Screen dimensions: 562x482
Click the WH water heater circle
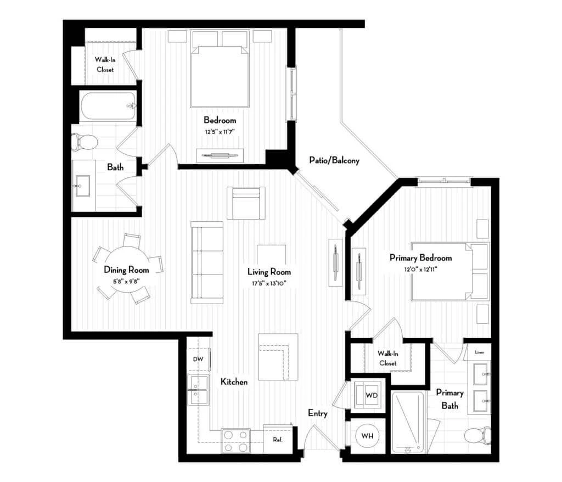pyautogui.click(x=367, y=436)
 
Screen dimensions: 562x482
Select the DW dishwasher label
pyautogui.click(x=198, y=359)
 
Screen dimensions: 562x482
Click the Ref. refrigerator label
pyautogui.click(x=278, y=439)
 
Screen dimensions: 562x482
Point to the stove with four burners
pyautogui.click(x=235, y=441)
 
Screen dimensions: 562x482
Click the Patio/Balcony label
pyautogui.click(x=334, y=160)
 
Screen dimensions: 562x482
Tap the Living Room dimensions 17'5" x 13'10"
pyautogui.click(x=268, y=283)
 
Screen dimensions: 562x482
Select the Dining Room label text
pyautogui.click(x=126, y=270)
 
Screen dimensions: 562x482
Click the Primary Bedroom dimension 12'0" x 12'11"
pyautogui.click(x=421, y=270)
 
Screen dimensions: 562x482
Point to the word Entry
pyautogui.click(x=318, y=413)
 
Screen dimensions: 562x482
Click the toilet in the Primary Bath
pyautogui.click(x=477, y=435)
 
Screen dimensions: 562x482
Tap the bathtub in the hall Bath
pyautogui.click(x=109, y=107)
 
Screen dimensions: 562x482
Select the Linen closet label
pyautogui.click(x=480, y=352)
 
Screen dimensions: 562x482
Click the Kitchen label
pyautogui.click(x=234, y=382)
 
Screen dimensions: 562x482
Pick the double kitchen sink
pyautogui.click(x=198, y=390)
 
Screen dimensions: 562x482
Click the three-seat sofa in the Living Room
pyautogui.click(x=207, y=262)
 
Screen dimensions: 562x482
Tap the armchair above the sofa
pyautogui.click(x=246, y=203)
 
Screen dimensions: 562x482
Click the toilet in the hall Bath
pyautogui.click(x=84, y=142)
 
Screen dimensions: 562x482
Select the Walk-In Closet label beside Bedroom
pyautogui.click(x=105, y=65)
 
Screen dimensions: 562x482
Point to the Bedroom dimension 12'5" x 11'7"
pyautogui.click(x=220, y=132)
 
